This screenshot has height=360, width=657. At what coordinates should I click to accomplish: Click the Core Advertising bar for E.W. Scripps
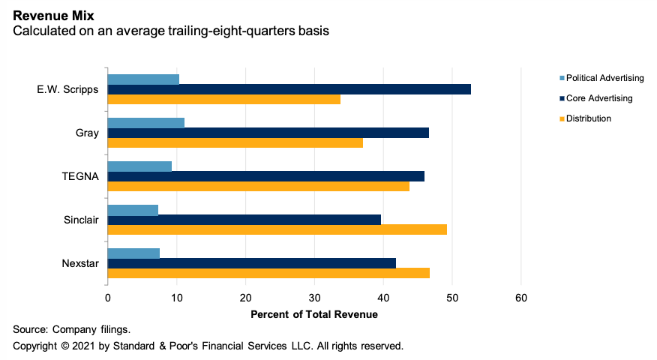(289, 89)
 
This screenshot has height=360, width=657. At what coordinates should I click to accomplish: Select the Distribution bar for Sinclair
(277, 229)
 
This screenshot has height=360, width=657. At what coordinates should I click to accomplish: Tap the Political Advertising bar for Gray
(145, 123)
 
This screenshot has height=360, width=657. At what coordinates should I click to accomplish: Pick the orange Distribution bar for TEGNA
(258, 186)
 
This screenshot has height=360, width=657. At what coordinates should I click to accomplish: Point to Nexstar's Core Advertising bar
(251, 263)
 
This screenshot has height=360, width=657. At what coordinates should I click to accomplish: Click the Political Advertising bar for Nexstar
(133, 253)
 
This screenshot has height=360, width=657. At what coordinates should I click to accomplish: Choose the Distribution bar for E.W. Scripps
(223, 99)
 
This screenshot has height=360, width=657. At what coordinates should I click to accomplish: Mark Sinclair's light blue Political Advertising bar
(133, 210)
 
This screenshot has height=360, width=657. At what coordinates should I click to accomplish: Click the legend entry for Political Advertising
(604, 78)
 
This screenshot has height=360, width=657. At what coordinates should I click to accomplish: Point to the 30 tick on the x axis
(314, 298)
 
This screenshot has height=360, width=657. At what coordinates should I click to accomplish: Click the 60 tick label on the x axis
(521, 298)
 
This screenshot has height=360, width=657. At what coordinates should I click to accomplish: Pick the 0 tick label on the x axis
(108, 298)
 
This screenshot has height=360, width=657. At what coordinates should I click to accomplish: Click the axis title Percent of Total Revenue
(314, 314)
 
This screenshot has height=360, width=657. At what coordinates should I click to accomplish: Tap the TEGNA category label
(80, 176)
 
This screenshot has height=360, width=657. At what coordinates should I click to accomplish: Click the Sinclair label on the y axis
(81, 220)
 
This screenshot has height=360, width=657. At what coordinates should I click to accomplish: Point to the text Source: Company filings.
(61, 329)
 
